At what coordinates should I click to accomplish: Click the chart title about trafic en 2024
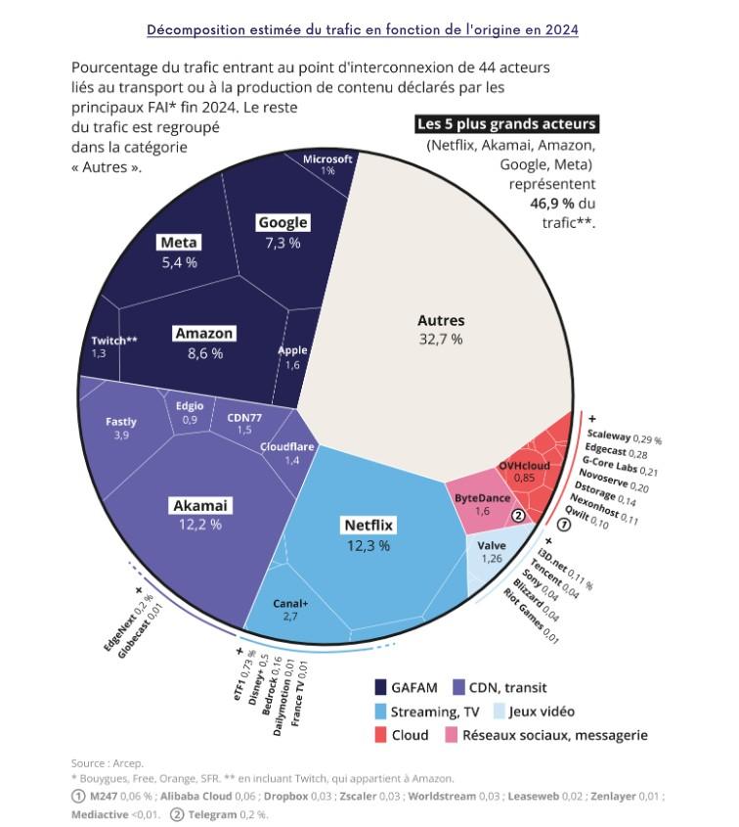coord(363,30)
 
